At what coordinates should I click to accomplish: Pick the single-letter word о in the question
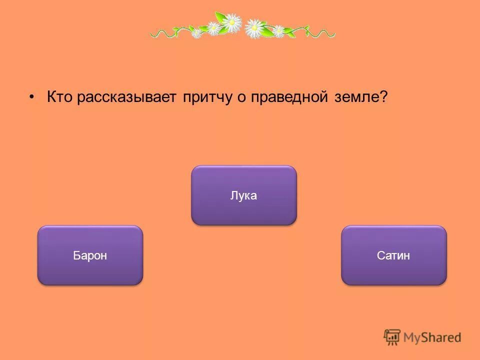pos(240,97)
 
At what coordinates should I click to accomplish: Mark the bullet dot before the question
pos(32,96)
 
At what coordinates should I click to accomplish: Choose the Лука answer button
pos(243,195)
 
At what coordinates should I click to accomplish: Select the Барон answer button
pos(90,255)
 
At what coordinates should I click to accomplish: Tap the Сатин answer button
pos(393,255)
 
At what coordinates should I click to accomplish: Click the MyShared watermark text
pos(432,337)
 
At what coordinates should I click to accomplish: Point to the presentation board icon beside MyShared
pos(392,337)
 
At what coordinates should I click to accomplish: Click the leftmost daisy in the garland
pos(197,33)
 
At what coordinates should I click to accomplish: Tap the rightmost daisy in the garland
pos(278,31)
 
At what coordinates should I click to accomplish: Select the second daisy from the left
pos(213,28)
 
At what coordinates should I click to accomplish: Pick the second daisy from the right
pos(255,29)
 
